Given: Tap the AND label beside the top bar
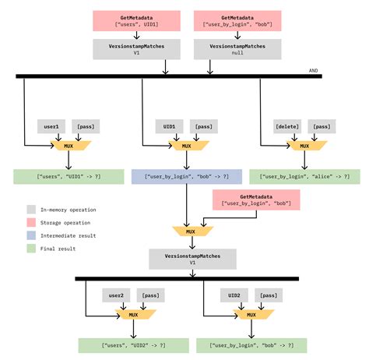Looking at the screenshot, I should [314, 70].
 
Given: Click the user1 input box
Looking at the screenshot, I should [51, 125].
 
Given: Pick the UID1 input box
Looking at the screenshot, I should [168, 125].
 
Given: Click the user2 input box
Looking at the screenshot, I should [116, 296].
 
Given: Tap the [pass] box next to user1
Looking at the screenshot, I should [85, 125].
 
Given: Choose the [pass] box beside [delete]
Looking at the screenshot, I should [320, 125].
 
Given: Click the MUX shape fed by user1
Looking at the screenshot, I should [69, 146].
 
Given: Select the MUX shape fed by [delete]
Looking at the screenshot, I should [304, 146].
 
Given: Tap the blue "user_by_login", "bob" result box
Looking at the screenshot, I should [186, 177].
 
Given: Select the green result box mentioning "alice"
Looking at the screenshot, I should [304, 177].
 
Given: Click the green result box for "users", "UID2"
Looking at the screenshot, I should [134, 345].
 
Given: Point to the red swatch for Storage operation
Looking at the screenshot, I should [30, 222].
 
